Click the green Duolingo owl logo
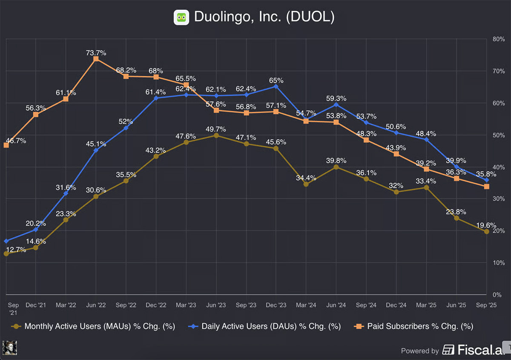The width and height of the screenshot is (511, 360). point(181,17)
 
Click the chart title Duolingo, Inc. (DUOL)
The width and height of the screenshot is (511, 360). point(264,17)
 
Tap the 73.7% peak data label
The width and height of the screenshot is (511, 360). point(96,53)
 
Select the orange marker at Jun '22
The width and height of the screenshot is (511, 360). point(96,59)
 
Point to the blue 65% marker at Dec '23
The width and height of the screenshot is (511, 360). point(276,86)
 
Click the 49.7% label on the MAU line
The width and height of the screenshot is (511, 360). point(216,129)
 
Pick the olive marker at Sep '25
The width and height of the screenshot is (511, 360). point(486,231)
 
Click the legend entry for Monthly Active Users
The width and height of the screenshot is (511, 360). point(93,326)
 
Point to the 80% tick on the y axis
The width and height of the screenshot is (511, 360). point(498,39)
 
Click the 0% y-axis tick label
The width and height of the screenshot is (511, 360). point(497,295)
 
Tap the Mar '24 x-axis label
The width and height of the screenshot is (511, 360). point(306,305)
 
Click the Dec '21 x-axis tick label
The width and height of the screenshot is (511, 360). point(36,305)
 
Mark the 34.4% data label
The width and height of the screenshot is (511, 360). point(306,178)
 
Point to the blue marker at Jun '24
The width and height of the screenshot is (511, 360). point(336,104)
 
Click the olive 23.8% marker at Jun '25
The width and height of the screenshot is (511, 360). point(456,218)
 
